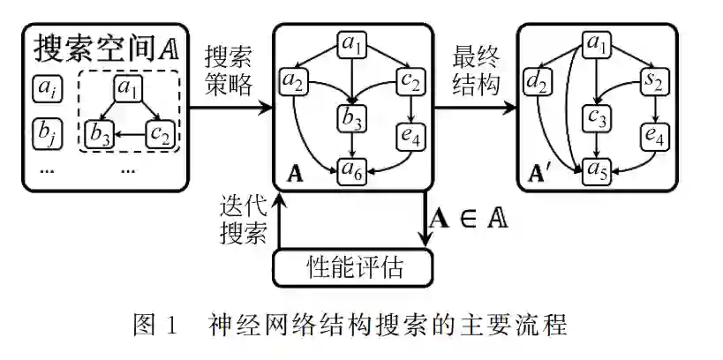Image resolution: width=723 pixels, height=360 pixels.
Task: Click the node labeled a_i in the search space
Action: (45, 88)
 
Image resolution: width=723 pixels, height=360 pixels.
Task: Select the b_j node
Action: (45, 132)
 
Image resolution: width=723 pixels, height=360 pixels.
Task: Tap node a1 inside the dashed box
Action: (130, 88)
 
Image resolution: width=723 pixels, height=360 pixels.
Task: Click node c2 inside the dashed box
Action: (161, 135)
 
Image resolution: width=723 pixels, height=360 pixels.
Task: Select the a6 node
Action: (354, 170)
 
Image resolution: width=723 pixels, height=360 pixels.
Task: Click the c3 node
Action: (598, 116)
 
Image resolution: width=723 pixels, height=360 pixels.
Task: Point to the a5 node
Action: (598, 170)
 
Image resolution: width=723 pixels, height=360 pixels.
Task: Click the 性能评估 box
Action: (354, 266)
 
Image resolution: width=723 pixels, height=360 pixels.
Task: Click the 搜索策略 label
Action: (229, 71)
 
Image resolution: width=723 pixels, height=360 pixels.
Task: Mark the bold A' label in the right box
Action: (538, 172)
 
